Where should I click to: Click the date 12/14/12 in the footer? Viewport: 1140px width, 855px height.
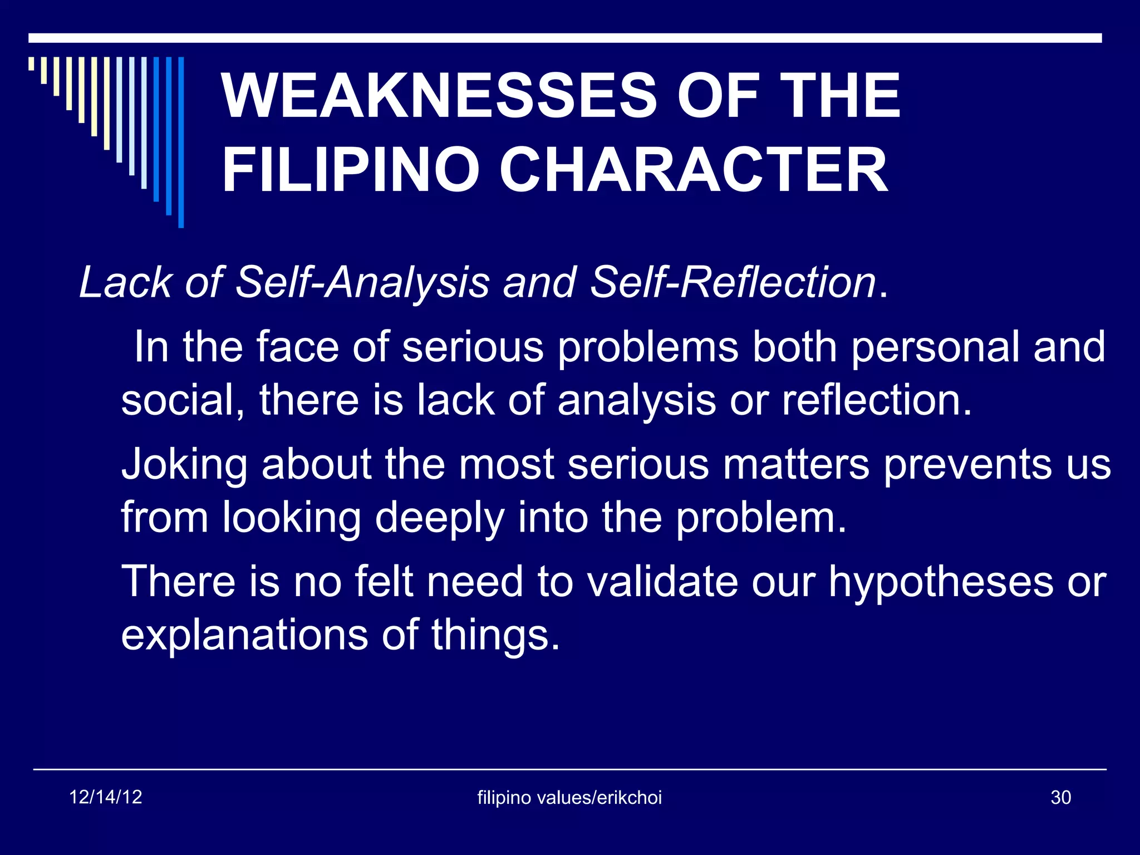(106, 797)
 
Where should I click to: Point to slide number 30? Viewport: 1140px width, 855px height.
(1060, 798)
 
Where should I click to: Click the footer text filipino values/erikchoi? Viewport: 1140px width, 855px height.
(569, 798)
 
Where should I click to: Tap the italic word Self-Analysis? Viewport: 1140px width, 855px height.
(362, 282)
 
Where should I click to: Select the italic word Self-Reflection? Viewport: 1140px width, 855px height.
(733, 282)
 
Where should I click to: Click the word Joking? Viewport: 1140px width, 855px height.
(184, 465)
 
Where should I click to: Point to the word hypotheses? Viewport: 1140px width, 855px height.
(940, 582)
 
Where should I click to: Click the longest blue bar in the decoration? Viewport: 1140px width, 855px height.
(181, 142)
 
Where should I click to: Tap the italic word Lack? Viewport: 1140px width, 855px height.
(125, 282)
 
